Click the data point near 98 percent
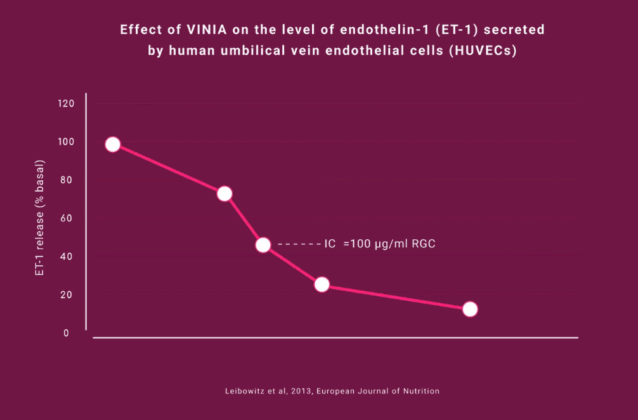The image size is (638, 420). coord(113,145)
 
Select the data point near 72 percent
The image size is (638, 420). coord(225,194)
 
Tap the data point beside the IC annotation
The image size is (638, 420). coord(263,244)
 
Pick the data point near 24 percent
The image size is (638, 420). coord(322,284)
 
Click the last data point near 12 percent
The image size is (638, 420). coord(470,309)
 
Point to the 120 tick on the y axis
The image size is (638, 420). coord(67,103)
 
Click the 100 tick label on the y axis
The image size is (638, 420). coord(67,141)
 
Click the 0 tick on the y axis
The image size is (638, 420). coord(66,332)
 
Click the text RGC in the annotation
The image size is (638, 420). coord(423,244)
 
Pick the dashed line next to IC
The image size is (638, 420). coord(298,244)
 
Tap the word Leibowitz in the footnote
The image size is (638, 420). coord(244,391)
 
